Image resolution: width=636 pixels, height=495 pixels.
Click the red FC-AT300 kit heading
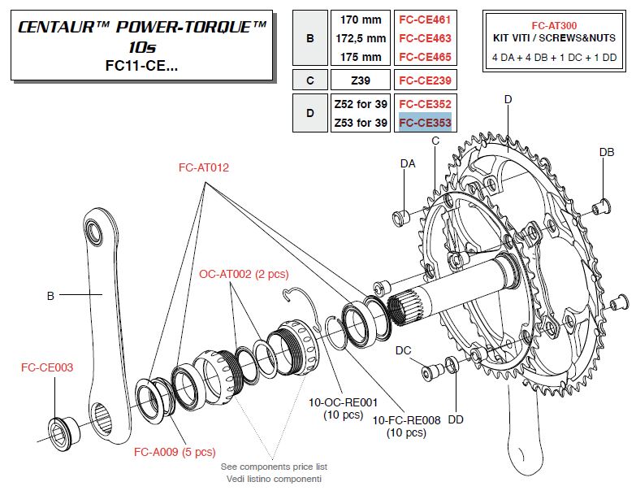coord(554,24)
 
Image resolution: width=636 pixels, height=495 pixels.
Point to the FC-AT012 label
coord(204,168)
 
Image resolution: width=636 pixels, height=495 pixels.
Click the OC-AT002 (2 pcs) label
coord(236,274)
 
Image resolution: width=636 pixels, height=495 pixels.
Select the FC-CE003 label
coord(46,367)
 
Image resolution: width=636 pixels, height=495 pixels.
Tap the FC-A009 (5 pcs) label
coord(174,451)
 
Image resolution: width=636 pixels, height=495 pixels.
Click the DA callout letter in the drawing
coord(409,163)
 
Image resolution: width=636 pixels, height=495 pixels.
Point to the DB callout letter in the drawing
coord(606,152)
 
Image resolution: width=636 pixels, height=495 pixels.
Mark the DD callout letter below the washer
coord(456,419)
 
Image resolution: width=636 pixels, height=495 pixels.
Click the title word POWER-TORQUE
coord(189,28)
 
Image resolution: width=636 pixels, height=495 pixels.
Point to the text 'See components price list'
coord(274,467)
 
